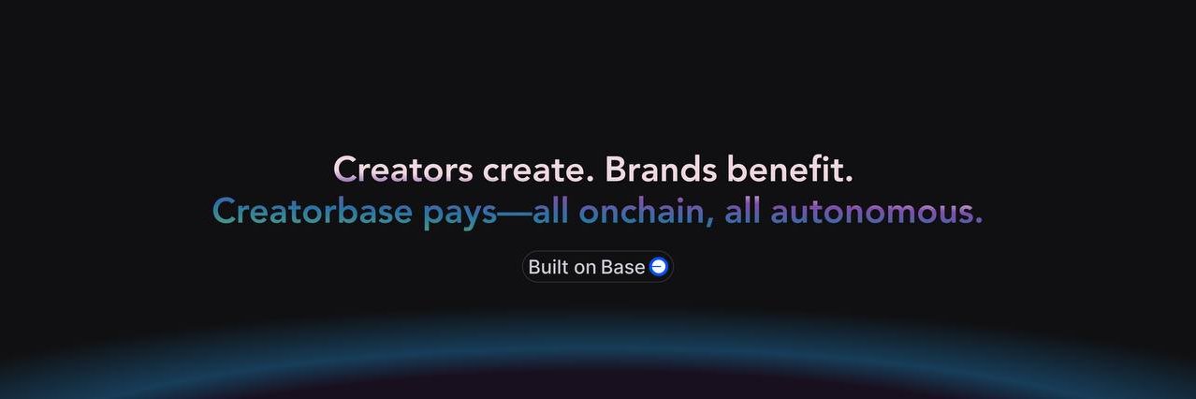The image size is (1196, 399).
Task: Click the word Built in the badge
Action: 548,267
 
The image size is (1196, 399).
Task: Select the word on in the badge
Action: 585,268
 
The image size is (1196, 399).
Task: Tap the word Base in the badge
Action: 622,267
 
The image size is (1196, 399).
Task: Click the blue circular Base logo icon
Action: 659,267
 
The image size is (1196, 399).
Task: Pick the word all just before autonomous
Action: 743,212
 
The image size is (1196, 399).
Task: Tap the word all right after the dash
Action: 551,212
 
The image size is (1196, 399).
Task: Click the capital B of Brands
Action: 615,170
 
